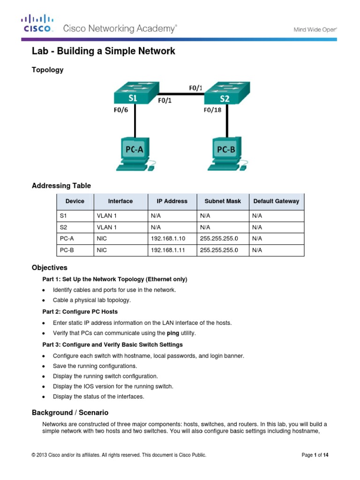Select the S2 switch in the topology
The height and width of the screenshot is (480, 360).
228,94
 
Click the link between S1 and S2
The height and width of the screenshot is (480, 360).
180,93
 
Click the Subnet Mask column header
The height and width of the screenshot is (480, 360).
223,201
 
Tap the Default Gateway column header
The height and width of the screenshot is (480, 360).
276,201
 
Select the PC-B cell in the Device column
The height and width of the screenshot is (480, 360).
67,250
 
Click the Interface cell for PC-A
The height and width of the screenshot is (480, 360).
102,238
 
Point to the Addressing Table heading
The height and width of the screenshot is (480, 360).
61,186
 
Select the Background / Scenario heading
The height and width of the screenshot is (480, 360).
70,412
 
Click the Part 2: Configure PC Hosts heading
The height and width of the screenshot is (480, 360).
80,312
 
